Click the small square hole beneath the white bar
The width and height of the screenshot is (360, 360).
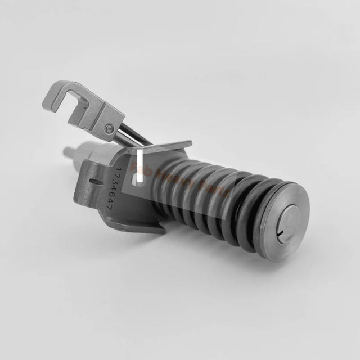138,178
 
